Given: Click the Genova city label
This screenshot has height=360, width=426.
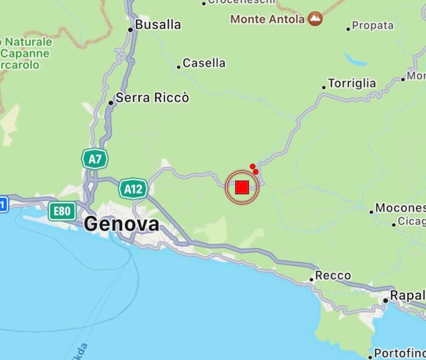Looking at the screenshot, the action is click(121, 224).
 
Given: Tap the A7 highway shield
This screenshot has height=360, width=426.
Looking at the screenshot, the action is click(95, 159).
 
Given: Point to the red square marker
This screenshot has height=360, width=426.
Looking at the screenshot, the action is click(242, 187).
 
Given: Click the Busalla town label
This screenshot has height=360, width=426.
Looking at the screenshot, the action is click(158, 25).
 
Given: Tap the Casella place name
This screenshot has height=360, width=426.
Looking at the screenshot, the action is click(204, 63).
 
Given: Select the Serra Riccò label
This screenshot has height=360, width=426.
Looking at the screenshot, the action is click(152, 98).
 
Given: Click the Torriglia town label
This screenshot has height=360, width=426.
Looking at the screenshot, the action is click(352, 83).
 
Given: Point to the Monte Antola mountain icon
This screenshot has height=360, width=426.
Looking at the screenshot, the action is click(315, 19).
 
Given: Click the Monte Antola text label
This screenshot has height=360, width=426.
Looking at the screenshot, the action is click(268, 19).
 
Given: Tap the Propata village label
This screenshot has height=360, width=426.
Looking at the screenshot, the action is click(373, 26).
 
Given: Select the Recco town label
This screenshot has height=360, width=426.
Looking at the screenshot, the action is click(333, 276).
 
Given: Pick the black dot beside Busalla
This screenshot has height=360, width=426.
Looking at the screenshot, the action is click(130, 30).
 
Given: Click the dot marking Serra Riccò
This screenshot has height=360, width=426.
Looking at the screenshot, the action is click(110, 103).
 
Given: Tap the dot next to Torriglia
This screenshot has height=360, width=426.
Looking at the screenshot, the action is click(324, 87).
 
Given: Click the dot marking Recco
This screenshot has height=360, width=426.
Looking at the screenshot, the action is click(311, 279).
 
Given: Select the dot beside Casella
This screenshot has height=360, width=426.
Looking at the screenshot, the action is click(179, 67).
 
